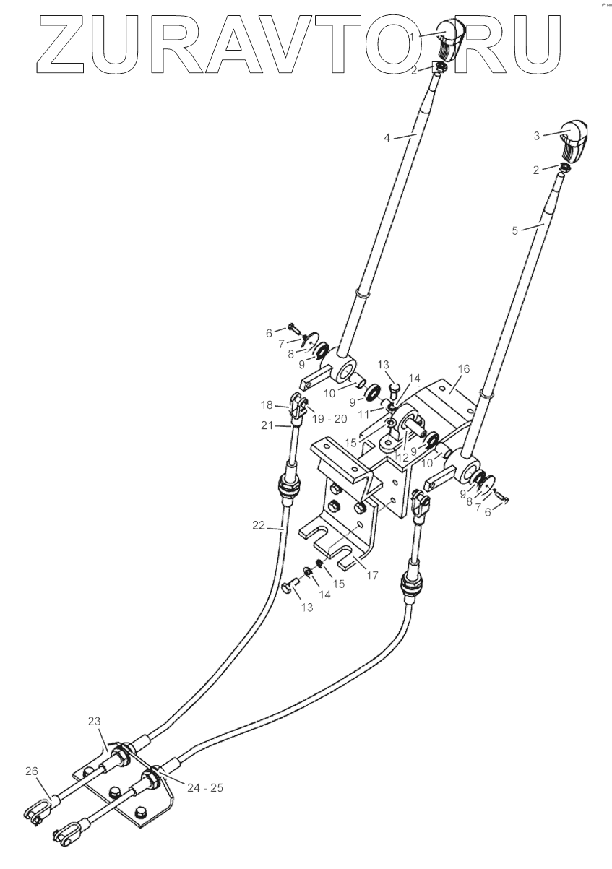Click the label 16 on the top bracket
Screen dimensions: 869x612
pos(463,369)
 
